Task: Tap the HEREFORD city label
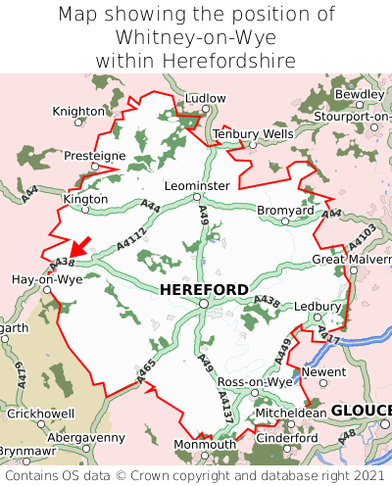[x=204, y=289]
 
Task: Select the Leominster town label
[x=197, y=185]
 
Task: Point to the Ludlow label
[x=205, y=99]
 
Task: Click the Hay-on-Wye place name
[x=45, y=278]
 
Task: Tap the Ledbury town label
[x=316, y=306]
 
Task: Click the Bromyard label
[x=285, y=210]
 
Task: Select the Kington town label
[x=85, y=198]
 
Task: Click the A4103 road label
[x=362, y=238]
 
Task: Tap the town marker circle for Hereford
[x=203, y=304]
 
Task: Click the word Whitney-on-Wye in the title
[x=196, y=37]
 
